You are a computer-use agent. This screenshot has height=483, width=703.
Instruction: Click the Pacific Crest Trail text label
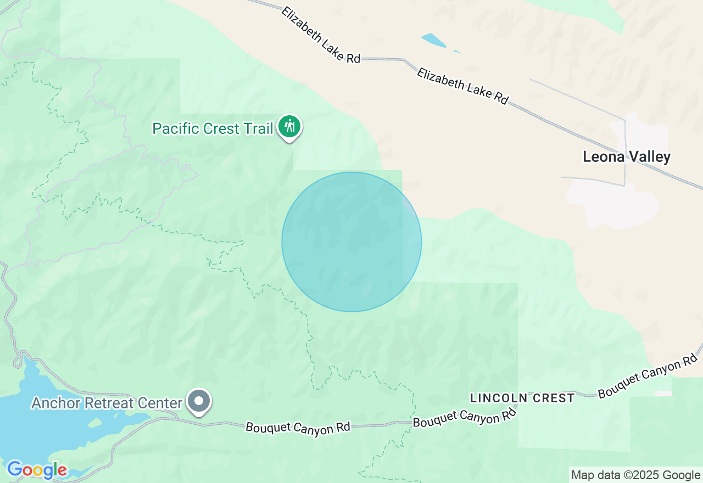tap(213, 129)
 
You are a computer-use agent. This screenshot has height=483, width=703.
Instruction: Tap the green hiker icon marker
tap(289, 127)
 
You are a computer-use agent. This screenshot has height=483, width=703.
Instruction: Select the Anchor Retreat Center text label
tap(107, 403)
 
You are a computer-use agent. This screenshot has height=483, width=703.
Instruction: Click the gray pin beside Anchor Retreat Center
tap(199, 401)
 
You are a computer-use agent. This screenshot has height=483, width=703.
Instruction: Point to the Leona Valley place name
tap(627, 157)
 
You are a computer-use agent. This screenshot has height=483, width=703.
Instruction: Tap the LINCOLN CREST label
tap(522, 398)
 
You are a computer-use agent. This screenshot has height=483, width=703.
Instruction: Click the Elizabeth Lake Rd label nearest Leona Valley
tap(462, 86)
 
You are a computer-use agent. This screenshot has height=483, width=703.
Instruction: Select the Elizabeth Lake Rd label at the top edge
tap(321, 35)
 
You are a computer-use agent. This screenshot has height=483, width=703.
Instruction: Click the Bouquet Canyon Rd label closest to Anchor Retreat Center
tap(298, 428)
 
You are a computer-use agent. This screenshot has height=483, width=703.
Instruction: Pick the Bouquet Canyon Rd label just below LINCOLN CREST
tap(465, 418)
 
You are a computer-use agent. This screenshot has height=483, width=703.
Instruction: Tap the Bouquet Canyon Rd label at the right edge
tap(648, 377)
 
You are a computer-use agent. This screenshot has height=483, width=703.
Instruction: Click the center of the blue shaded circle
tap(351, 241)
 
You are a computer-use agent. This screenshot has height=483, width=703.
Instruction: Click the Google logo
tap(37, 470)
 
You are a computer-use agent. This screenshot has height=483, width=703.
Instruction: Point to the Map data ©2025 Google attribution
tap(635, 475)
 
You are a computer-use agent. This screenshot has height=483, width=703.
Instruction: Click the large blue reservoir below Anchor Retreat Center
tap(33, 434)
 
